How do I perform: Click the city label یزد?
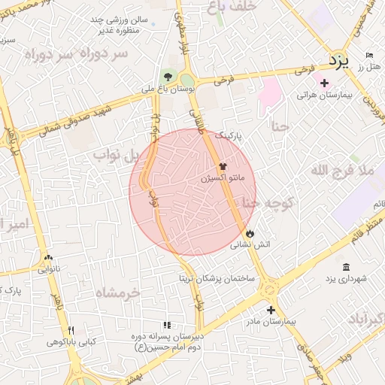click(339, 62)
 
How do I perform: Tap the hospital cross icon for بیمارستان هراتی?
click(324, 83)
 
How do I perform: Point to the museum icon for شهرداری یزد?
click(346, 267)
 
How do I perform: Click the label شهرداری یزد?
click(346, 279)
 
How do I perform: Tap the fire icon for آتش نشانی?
click(250, 233)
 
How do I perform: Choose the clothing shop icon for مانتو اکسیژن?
click(223, 167)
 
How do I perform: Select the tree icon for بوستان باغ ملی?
click(167, 76)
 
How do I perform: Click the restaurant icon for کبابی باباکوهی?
click(71, 330)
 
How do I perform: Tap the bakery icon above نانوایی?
click(49, 256)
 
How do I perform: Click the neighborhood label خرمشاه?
click(120, 292)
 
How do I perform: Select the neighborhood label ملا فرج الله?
click(342, 171)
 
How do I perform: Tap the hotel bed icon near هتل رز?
click(368, 56)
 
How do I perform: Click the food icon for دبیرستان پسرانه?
click(167, 326)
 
